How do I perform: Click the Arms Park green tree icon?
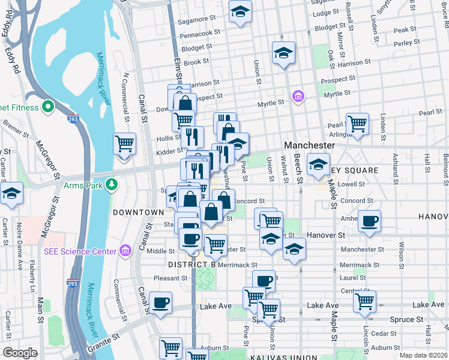[110, 184]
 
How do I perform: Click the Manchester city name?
[309, 146]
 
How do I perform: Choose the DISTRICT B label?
[192, 264]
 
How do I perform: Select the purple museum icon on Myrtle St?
[297, 96]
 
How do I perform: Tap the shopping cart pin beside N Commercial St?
[124, 145]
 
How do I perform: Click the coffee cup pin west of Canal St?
[160, 304]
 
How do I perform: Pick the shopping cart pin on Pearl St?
[357, 124]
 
